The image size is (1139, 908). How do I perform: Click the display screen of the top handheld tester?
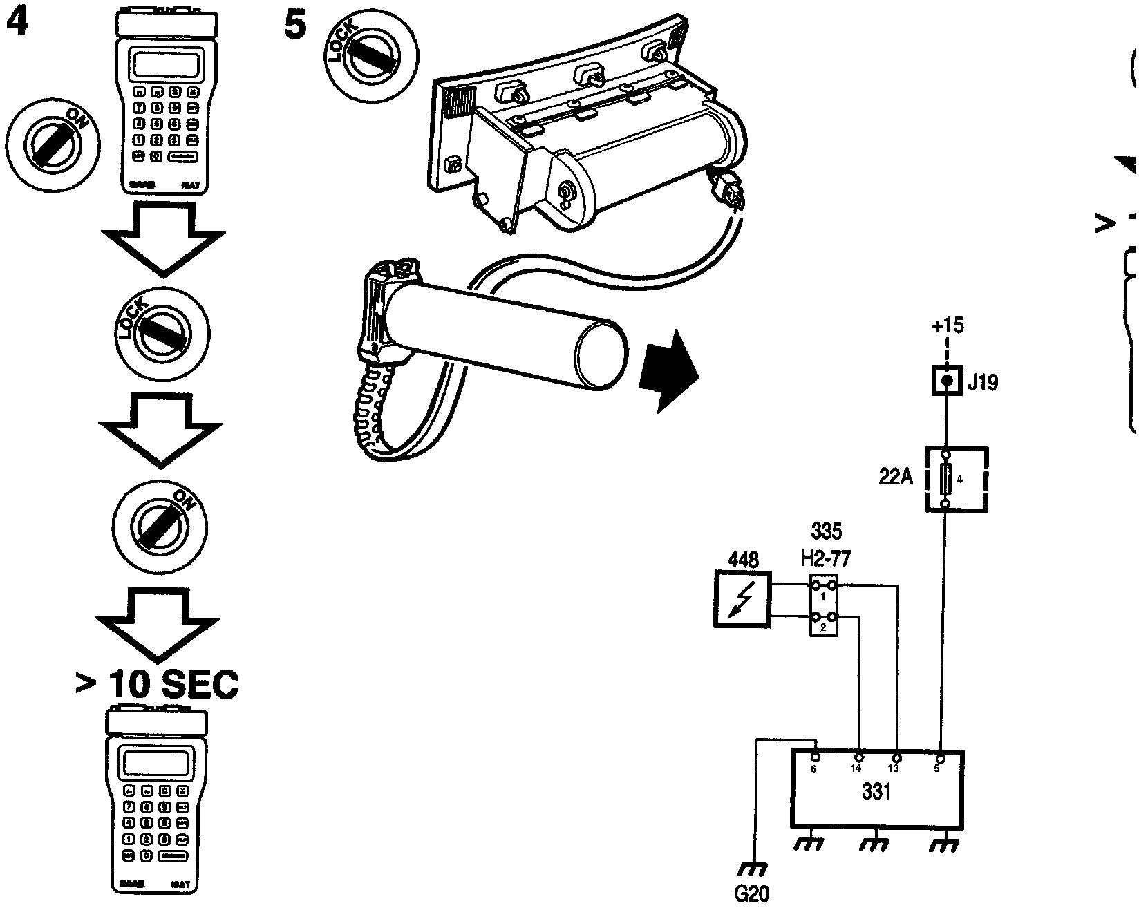click(x=161, y=66)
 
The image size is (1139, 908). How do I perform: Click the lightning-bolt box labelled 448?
click(x=742, y=599)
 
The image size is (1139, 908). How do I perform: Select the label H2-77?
click(x=826, y=557)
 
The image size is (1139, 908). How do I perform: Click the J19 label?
click(x=983, y=382)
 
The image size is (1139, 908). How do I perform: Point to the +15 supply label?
click(x=947, y=325)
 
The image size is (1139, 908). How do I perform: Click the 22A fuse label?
click(x=895, y=477)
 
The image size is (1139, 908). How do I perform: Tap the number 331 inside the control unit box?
click(x=876, y=791)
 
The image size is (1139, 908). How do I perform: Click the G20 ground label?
click(x=751, y=893)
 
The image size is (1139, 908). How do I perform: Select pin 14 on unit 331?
click(x=858, y=759)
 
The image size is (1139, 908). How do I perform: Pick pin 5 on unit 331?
click(x=938, y=759)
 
